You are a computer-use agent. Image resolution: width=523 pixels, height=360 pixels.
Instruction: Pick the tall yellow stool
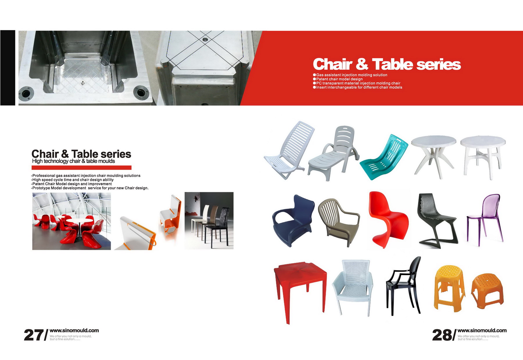tap(449, 288)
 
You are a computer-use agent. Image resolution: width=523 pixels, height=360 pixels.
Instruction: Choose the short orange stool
tap(488, 291)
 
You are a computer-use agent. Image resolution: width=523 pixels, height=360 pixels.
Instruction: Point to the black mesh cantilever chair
tap(436, 221)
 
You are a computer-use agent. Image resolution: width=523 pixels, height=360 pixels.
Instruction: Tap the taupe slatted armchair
tap(338, 222)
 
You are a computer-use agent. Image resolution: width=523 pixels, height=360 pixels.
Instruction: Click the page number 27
tap(34, 335)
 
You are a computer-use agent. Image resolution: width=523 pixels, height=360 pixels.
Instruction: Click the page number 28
tap(442, 335)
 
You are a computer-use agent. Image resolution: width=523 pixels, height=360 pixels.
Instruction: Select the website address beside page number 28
tap(482, 331)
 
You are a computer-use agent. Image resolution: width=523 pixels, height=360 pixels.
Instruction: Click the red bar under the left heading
tap(81, 167)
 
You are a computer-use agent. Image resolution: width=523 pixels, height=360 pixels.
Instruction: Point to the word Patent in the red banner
tap(322, 79)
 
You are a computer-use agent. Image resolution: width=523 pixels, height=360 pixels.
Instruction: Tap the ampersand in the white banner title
tap(362, 64)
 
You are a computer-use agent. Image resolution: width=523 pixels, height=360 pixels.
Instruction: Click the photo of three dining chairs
tap(209, 221)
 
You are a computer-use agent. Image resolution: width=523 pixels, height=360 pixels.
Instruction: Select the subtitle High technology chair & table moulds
tap(74, 161)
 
